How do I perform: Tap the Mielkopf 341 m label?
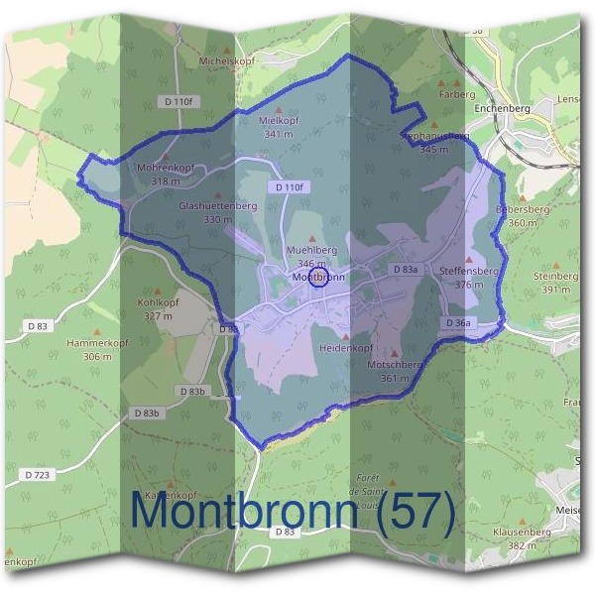pyautogui.click(x=279, y=126)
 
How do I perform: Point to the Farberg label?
pyautogui.click(x=457, y=95)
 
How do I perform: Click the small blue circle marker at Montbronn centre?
pyautogui.click(x=319, y=274)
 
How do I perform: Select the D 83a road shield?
pyautogui.click(x=405, y=270)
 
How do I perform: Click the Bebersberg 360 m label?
pyautogui.click(x=523, y=217)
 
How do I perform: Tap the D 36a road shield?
pyautogui.click(x=458, y=323)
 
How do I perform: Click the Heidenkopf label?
pyautogui.click(x=346, y=349)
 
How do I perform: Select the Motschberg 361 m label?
pyautogui.click(x=395, y=370)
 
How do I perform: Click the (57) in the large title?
pyautogui.click(x=411, y=513)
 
